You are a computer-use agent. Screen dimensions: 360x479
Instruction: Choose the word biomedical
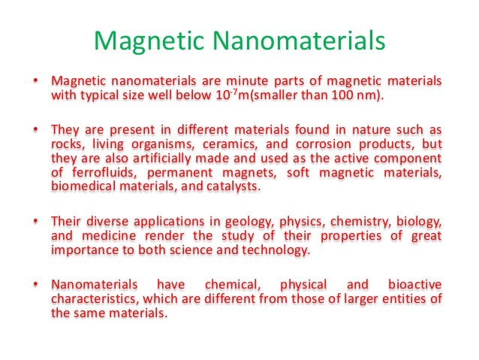point(81,186)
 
